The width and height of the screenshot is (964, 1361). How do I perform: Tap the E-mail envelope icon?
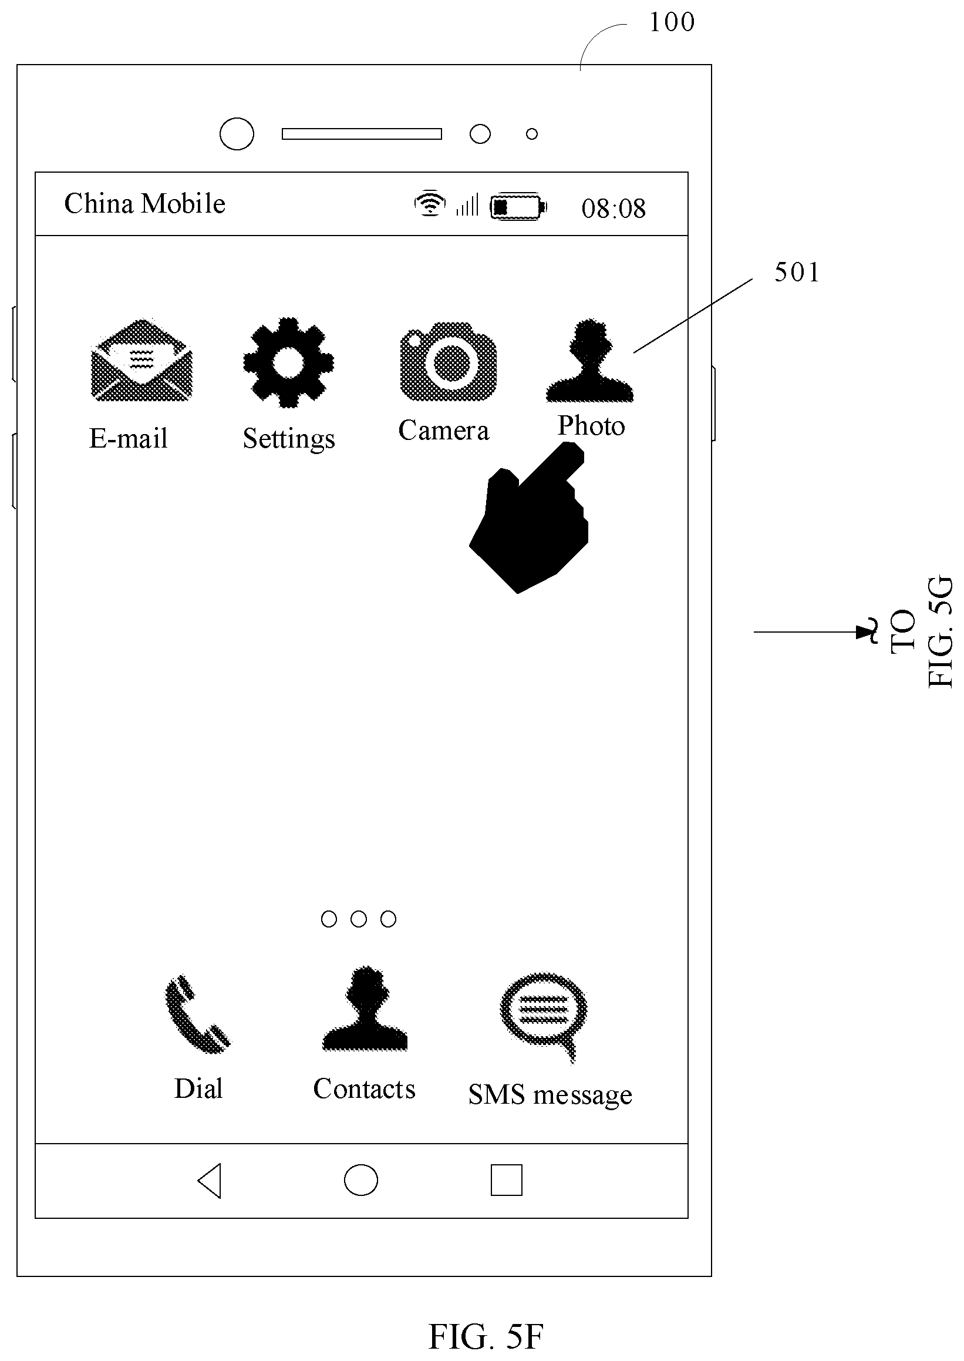pyautogui.click(x=141, y=360)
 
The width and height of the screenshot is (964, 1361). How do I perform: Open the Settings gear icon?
pyautogui.click(x=288, y=362)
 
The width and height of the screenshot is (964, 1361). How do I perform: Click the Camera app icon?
pyautogui.click(x=448, y=362)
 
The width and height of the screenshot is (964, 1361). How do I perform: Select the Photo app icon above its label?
pyautogui.click(x=589, y=361)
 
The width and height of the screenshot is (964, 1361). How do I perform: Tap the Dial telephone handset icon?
pyautogui.click(x=197, y=1014)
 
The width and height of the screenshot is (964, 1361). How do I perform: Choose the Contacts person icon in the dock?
pyautogui.click(x=365, y=1009)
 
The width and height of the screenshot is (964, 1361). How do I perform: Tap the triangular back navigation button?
pyautogui.click(x=210, y=1181)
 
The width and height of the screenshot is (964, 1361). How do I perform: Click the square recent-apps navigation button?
pyautogui.click(x=506, y=1180)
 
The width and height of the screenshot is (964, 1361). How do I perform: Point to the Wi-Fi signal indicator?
pyautogui.click(x=430, y=203)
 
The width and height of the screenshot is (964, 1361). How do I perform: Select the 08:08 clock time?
pyautogui.click(x=613, y=209)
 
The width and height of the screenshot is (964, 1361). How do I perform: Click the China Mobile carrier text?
pyautogui.click(x=145, y=204)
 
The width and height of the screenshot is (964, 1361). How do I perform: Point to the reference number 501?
pyautogui.click(x=797, y=273)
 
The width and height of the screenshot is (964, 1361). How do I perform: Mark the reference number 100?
pyautogui.click(x=672, y=22)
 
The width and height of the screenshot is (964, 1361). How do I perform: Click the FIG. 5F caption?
pyautogui.click(x=486, y=1337)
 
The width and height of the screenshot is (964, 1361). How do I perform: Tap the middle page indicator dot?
pyautogui.click(x=359, y=919)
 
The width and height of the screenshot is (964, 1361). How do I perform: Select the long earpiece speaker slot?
pyautogui.click(x=362, y=133)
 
